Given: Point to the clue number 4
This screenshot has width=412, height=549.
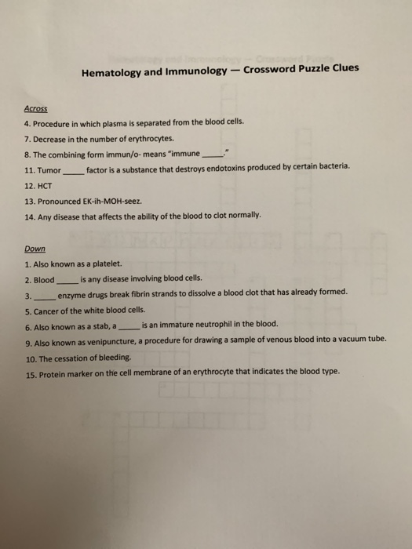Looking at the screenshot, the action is (27, 125).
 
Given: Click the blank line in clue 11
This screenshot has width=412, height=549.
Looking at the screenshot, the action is (73, 169).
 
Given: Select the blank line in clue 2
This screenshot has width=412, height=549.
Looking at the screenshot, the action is (67, 280).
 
